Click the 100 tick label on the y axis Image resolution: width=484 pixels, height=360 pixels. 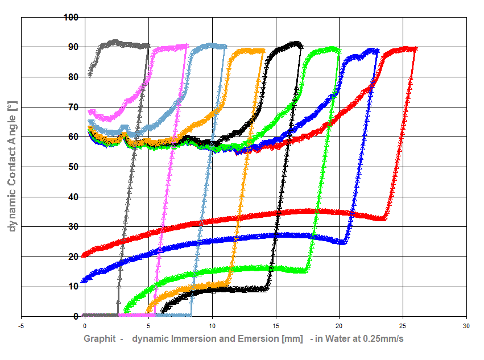click(x=71, y=17)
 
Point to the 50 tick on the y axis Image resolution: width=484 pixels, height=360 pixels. click(x=73, y=167)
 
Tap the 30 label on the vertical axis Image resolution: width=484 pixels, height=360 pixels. click(x=73, y=227)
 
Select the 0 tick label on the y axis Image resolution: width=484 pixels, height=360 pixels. click(x=75, y=317)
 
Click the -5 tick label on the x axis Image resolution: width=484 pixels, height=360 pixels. click(x=21, y=326)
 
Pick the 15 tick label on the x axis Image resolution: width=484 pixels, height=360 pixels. click(x=276, y=326)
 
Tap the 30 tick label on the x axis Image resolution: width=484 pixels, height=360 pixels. click(x=466, y=326)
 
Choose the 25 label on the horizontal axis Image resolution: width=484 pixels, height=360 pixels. click(x=403, y=326)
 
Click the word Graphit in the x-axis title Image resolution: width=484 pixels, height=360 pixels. click(x=100, y=339)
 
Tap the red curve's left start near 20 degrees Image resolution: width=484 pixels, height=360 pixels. click(x=84, y=255)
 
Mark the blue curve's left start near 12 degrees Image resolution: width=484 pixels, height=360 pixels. click(x=84, y=280)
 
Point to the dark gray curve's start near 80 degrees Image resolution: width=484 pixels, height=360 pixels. click(x=90, y=75)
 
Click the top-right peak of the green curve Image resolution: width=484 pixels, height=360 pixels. click(x=339, y=50)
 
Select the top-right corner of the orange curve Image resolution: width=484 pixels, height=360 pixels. click(x=263, y=51)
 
